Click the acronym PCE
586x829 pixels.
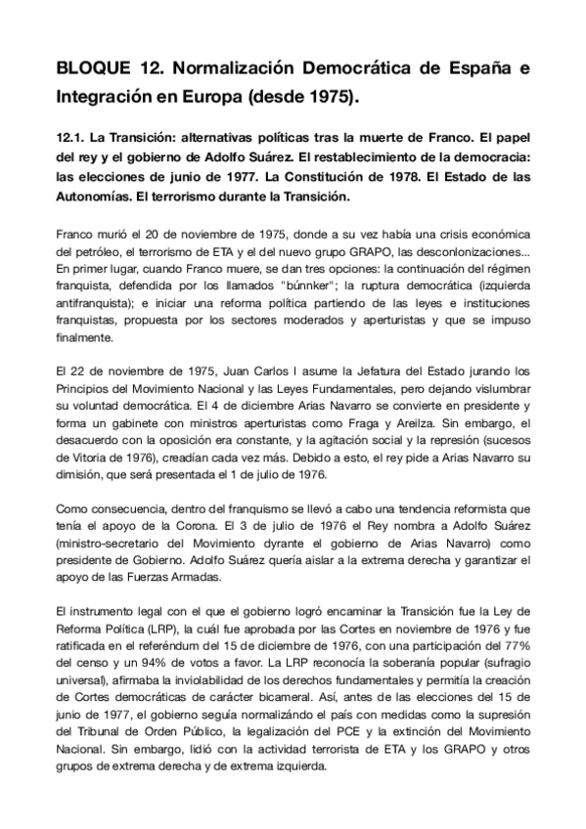tap(338, 742)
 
